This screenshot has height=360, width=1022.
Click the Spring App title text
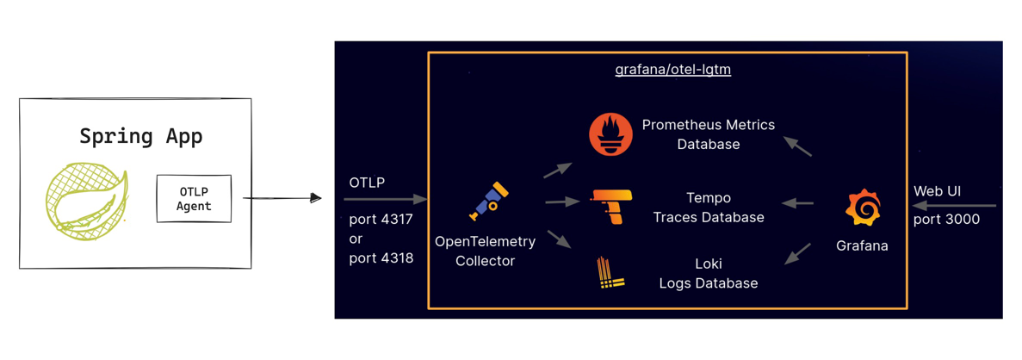[x=141, y=136]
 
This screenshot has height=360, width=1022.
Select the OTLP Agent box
[x=194, y=198]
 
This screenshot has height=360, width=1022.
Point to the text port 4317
[x=381, y=219]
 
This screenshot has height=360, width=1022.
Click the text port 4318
[x=381, y=258]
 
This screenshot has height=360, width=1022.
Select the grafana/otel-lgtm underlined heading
[x=672, y=70]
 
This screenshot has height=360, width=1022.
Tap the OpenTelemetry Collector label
[x=485, y=251]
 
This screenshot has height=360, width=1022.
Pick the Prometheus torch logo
[x=610, y=134]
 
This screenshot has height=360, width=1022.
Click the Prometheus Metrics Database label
[x=708, y=134]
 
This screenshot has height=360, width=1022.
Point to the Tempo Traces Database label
[x=708, y=208]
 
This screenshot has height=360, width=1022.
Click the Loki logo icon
[x=610, y=273]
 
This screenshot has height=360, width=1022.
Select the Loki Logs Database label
[x=708, y=273]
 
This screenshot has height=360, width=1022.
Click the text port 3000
[x=946, y=219]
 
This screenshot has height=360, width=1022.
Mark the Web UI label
[x=937, y=190]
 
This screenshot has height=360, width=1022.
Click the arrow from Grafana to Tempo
[x=798, y=204]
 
